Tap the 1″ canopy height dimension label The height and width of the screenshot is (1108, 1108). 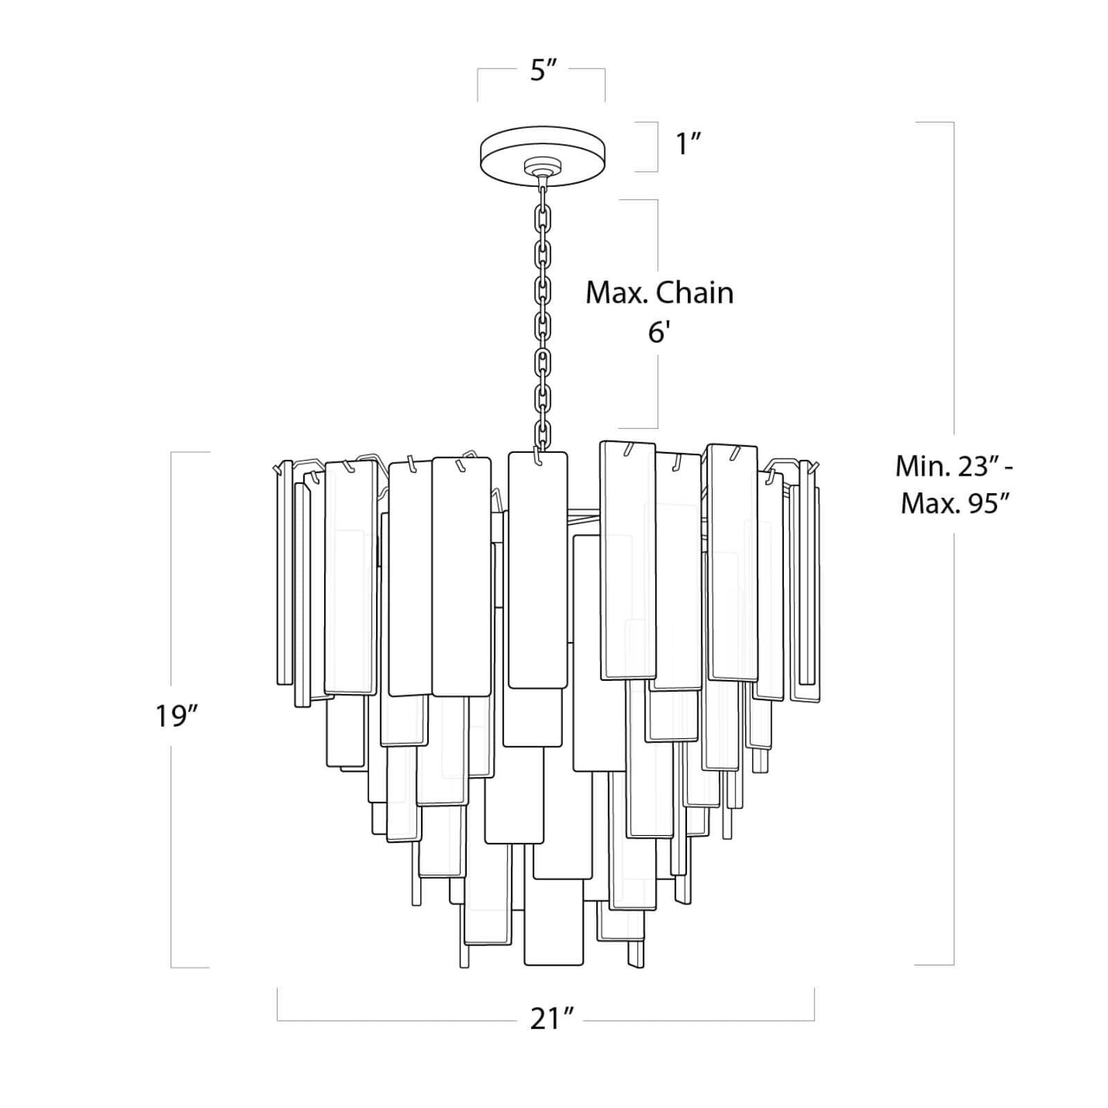click(x=689, y=145)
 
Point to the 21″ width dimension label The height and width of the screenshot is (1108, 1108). click(x=552, y=1019)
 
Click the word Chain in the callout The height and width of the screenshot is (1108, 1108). click(x=695, y=293)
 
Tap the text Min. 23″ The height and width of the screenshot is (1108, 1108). click(x=955, y=466)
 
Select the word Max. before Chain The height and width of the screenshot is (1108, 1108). click(x=616, y=293)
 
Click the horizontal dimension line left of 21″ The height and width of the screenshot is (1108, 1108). click(x=395, y=1020)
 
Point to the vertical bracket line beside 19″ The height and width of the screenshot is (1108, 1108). click(x=171, y=589)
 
